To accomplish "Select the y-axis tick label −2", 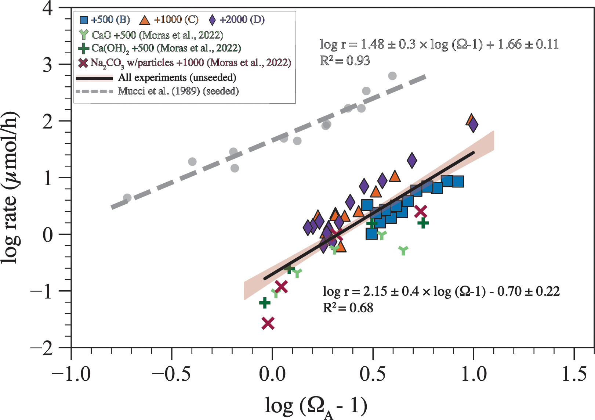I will (x=43, y=348).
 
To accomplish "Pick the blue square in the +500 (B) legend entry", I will (x=84, y=20).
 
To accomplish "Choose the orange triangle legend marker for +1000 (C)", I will (x=145, y=20).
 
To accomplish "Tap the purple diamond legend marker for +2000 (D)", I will (x=212, y=20).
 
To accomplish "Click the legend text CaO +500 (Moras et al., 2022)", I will (x=157, y=35).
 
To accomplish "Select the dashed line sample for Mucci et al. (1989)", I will (x=95, y=91).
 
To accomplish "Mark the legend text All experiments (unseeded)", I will (x=177, y=78).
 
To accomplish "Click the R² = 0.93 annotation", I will (x=345, y=61).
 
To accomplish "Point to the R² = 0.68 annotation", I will (x=348, y=308).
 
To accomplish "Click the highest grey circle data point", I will (x=392, y=76).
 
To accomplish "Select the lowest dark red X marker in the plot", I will (x=268, y=323).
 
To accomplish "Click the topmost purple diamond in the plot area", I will (x=473, y=125).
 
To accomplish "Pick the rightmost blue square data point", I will (x=458, y=182).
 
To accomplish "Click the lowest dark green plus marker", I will (x=265, y=303).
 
